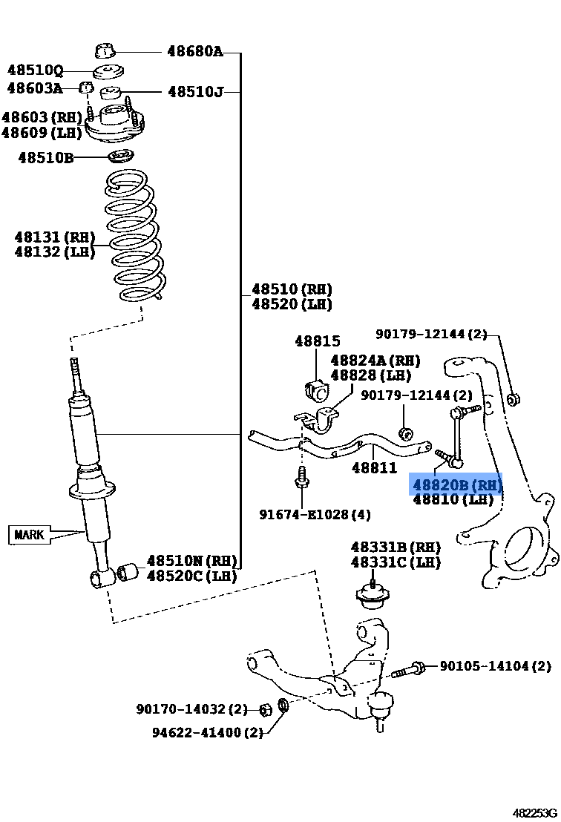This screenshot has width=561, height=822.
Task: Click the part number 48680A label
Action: [194, 52]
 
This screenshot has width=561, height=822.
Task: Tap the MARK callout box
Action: [30, 534]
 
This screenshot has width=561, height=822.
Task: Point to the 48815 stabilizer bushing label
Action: [317, 342]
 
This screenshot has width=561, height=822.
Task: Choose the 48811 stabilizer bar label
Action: [374, 468]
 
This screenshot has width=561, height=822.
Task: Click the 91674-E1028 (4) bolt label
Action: [315, 514]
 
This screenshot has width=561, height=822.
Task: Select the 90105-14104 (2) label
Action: [495, 666]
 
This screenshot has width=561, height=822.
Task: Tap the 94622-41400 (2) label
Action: [208, 732]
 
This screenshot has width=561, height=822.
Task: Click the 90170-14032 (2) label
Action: [191, 710]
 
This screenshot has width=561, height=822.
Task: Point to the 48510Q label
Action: [35, 70]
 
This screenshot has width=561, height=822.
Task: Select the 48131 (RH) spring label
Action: [54, 237]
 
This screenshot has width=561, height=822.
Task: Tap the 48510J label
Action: [195, 92]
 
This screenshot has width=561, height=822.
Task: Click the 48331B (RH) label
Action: [395, 548]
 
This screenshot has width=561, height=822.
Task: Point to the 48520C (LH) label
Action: [191, 576]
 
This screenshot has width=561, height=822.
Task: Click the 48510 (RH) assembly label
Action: [291, 289]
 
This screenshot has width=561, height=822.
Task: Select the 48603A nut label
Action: [35, 88]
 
